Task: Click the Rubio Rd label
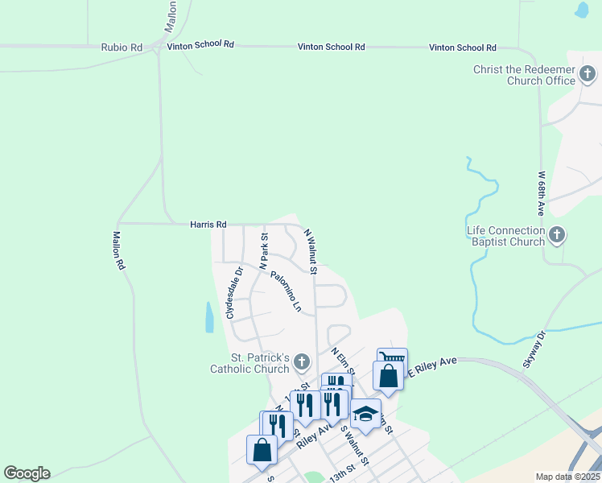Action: pyautogui.click(x=122, y=47)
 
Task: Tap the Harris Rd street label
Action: pyautogui.click(x=208, y=225)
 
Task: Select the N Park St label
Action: pyautogui.click(x=263, y=250)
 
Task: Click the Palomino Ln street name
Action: pyautogui.click(x=286, y=291)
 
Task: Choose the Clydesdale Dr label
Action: pyautogui.click(x=233, y=292)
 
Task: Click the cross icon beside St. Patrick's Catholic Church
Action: pyautogui.click(x=302, y=362)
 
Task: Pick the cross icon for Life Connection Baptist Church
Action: pyautogui.click(x=557, y=235)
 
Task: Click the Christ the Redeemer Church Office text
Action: pyautogui.click(x=524, y=76)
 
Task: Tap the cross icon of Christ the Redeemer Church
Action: pyautogui.click(x=588, y=76)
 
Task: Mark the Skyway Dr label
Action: pyautogui.click(x=534, y=349)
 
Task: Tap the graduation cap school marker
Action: pyautogui.click(x=365, y=414)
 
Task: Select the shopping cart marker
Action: pyautogui.click(x=392, y=360)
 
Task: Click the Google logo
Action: pyautogui.click(x=27, y=473)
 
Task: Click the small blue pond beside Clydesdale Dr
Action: pyautogui.click(x=210, y=317)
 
